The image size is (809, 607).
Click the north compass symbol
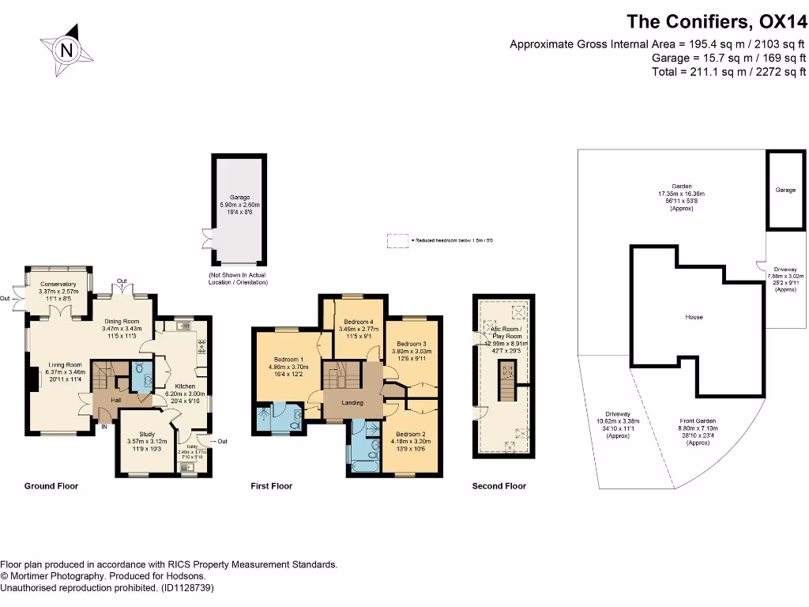(67, 50)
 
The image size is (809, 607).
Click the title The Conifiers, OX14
(716, 21)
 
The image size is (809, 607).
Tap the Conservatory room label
(58, 284)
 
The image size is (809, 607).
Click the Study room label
(147, 434)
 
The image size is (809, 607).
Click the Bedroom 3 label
(411, 344)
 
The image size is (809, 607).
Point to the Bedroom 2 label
(411, 434)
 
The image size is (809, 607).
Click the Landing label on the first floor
(352, 403)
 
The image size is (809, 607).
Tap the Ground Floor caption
(51, 486)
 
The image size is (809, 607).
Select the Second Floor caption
(499, 486)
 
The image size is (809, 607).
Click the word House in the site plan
(694, 317)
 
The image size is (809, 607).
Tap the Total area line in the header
(728, 72)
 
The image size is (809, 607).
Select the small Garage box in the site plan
(785, 190)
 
